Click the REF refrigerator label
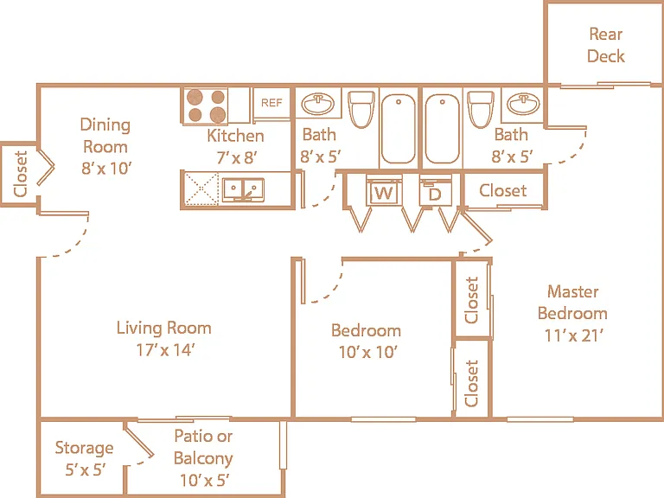pos(271,103)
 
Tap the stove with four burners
pos(206,105)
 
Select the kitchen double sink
pos(243,189)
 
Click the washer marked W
pos(384,192)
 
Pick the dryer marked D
pos(436,193)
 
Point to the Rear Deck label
pos(606,45)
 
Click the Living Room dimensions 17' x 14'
pos(165,350)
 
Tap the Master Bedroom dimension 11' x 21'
pos(573,335)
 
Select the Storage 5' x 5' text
pos(84,458)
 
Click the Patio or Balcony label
pos(203,447)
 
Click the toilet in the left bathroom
pos(361,109)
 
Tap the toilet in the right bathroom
pos(481,109)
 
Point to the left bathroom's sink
pos(317,104)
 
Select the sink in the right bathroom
pos(523,104)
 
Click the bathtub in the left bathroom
pos(398,129)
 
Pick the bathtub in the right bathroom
pos(442,129)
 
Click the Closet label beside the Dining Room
pos(21,174)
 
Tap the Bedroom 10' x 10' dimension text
pos(367,352)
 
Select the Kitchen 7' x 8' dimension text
pos(236,157)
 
